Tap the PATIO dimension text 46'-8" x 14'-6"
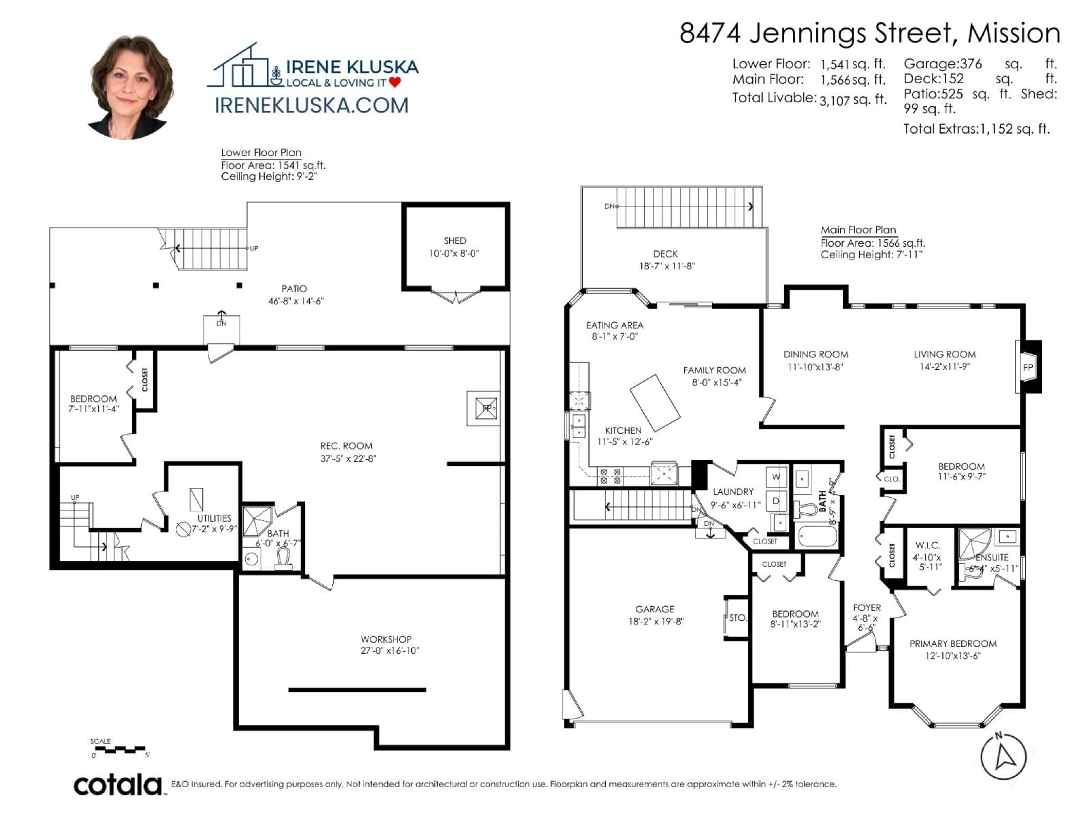tap(296, 301)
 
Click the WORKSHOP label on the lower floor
tap(386, 639)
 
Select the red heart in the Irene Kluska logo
tap(395, 82)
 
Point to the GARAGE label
tap(654, 609)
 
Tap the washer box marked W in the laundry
tap(776, 477)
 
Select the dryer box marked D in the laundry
tap(776, 501)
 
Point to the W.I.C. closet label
tap(928, 545)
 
